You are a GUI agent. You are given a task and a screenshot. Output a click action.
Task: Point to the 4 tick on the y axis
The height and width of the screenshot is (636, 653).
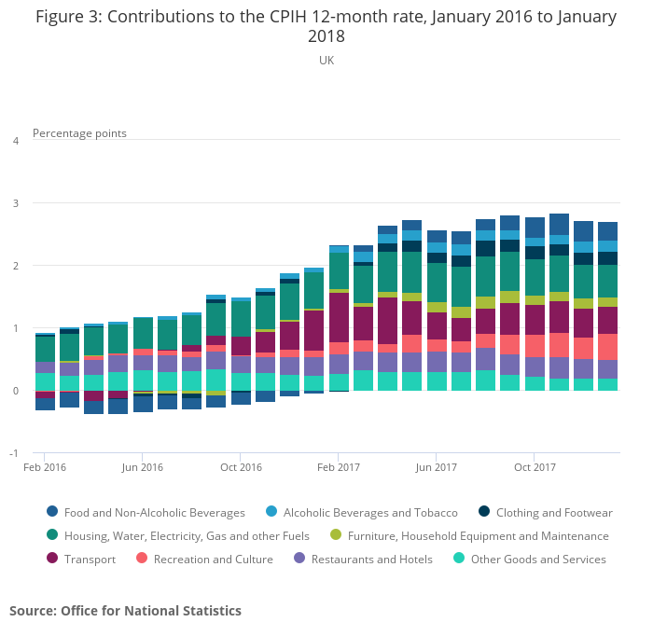pos(15,141)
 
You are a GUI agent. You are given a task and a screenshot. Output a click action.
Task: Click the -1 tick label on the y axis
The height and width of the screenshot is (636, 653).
pos(13,453)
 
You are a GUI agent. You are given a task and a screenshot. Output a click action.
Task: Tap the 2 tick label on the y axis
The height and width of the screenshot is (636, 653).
pos(15,266)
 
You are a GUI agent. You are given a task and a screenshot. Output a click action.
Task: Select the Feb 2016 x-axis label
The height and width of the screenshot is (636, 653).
pos(45,467)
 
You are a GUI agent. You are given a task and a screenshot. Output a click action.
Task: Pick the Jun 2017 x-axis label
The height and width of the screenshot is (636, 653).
pos(437,467)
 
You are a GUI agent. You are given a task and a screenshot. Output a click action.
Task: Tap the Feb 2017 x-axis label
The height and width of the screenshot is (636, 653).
pos(339,467)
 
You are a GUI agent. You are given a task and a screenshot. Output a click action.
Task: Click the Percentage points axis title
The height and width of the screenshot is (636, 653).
pos(79,133)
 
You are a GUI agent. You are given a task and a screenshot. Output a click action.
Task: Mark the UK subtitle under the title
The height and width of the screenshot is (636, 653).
pos(326,60)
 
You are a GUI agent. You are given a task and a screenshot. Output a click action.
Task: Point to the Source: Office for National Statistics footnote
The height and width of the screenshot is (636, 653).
pos(125,611)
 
